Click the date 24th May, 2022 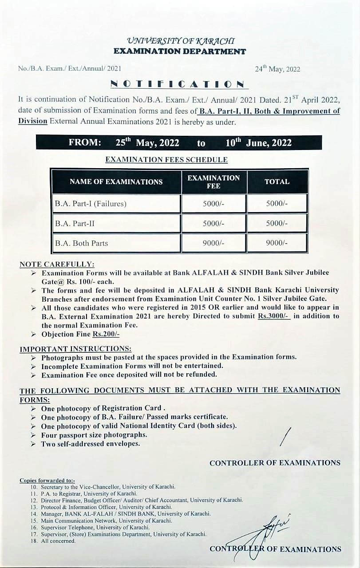click(277, 69)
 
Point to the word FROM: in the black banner click(85, 143)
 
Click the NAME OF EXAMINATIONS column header click(116, 181)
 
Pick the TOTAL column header click(277, 181)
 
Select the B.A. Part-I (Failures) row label click(91, 204)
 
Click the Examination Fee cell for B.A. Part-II click(213, 224)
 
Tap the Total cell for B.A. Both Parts click(277, 243)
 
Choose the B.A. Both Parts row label click(81, 243)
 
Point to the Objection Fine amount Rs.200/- click(106, 334)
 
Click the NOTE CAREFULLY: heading click(57, 264)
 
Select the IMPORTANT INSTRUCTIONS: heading click(75, 349)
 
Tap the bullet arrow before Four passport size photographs click(33, 435)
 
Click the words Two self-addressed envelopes click(91, 444)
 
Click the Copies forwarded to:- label click(47, 481)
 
